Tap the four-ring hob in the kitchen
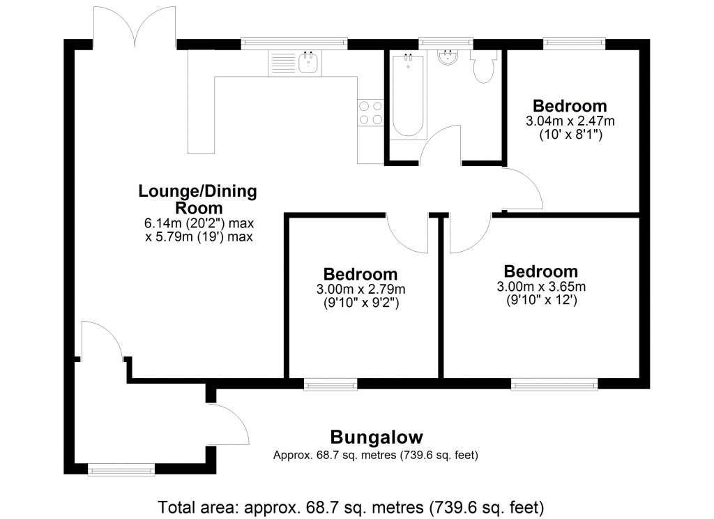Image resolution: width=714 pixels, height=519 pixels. pos(370,112)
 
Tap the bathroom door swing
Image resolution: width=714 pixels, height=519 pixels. pos(439,145)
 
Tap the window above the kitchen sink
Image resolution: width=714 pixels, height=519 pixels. pos(294,43)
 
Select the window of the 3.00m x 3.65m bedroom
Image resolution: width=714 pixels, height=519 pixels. pos(554,384)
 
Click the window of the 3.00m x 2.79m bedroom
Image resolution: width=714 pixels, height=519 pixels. pos(330,384)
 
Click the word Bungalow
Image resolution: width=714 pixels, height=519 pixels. pos(377,438)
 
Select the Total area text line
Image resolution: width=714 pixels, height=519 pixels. pos(351,506)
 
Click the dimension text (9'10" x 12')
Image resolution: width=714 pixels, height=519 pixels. pos(541,301)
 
